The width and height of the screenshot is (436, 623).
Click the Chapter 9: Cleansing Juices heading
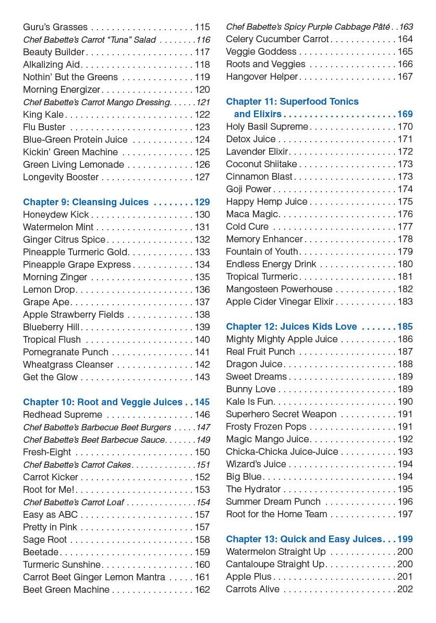[86, 202]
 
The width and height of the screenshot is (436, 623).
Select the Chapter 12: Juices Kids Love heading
[292, 327]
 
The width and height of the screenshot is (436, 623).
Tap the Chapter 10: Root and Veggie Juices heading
[103, 402]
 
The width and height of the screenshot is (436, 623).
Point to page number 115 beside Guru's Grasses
[202, 27]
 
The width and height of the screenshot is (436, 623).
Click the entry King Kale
[43, 115]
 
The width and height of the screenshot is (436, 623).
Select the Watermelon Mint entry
[58, 227]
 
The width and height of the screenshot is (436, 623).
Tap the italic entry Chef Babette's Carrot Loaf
[73, 502]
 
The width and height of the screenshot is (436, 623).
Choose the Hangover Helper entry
[262, 77]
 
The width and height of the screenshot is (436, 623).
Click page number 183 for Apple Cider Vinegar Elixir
[405, 302]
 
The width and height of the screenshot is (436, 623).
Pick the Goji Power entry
[249, 189]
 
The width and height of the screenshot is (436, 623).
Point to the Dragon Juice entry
[254, 364]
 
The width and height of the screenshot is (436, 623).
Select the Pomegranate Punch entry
[66, 352]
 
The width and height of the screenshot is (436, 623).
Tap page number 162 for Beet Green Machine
[202, 590]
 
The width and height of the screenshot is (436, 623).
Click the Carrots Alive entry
[252, 589]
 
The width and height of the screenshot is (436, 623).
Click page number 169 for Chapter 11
[405, 114]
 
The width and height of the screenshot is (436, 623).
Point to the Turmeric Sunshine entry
[62, 565]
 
